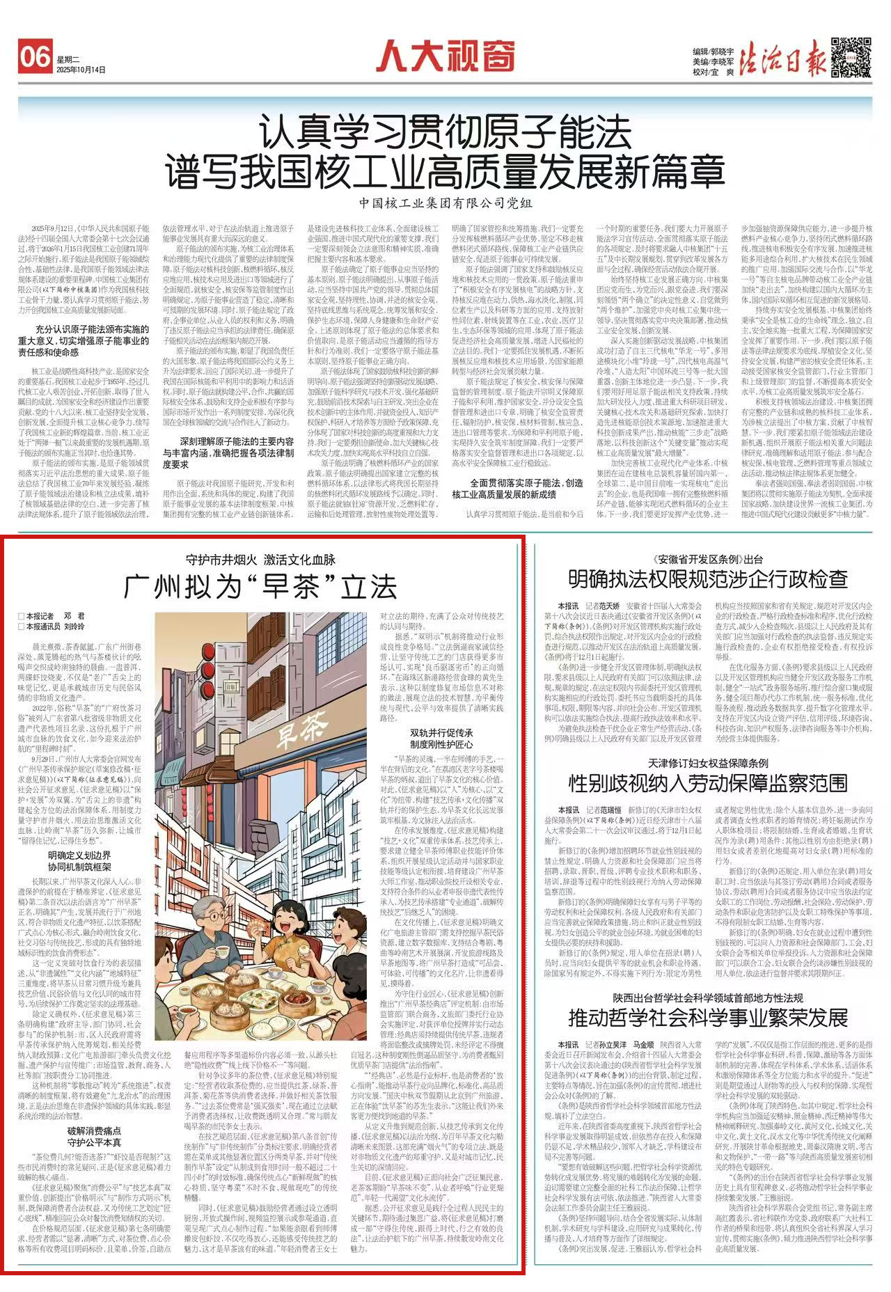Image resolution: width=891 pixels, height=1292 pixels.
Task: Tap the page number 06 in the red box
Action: pos(36,56)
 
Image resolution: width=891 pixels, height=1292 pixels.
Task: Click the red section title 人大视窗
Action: pos(445,56)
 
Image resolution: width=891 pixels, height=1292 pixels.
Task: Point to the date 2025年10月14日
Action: pos(81,70)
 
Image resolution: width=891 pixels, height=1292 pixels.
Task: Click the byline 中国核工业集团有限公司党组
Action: pos(445,203)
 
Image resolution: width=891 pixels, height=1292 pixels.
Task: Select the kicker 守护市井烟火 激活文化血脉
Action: pos(260,560)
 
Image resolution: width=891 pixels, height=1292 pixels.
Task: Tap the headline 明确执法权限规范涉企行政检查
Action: pos(708,579)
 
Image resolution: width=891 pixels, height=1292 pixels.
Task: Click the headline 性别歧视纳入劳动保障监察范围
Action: pos(708,783)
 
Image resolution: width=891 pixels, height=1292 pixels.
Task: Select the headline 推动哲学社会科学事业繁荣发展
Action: pos(708,1018)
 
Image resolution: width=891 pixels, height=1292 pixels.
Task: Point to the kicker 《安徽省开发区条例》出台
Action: pos(708,559)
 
